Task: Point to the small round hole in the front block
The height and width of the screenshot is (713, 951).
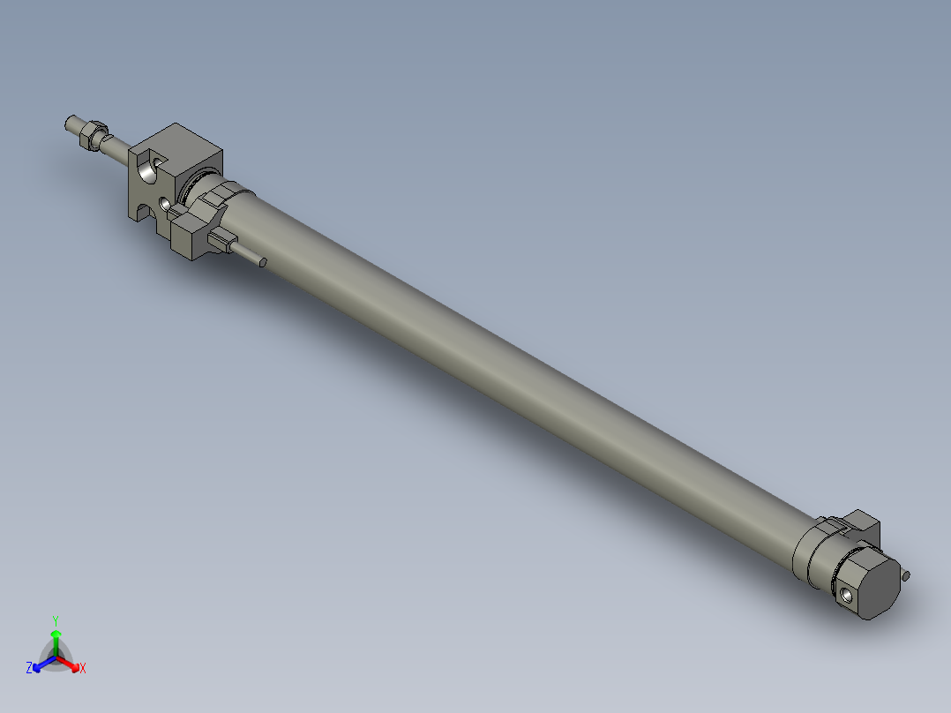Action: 164,204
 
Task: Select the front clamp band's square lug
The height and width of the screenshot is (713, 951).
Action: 191,236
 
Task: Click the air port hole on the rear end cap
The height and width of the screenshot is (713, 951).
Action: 848,593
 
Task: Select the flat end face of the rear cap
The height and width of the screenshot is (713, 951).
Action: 879,586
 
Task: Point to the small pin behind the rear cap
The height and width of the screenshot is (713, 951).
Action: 907,576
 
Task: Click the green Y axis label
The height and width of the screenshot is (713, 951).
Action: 56,619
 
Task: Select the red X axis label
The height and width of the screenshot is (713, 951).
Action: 83,669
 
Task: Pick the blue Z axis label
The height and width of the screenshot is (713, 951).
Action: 29,669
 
